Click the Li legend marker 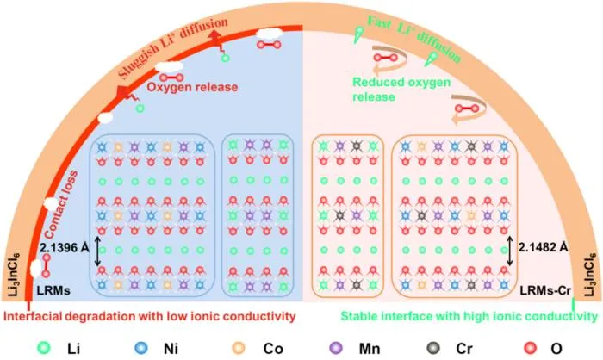[44, 348]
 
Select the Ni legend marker [141, 348]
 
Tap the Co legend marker [239, 348]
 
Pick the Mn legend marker [336, 348]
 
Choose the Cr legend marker [433, 348]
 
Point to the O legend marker [531, 348]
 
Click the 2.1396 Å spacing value [65, 248]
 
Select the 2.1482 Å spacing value [543, 247]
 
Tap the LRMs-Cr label [545, 290]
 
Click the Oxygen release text [192, 87]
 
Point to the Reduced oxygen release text [401, 90]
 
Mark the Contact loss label [61, 205]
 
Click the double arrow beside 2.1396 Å [97, 251]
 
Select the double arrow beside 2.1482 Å [510, 251]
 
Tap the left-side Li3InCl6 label [15, 275]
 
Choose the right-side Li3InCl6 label [590, 275]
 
